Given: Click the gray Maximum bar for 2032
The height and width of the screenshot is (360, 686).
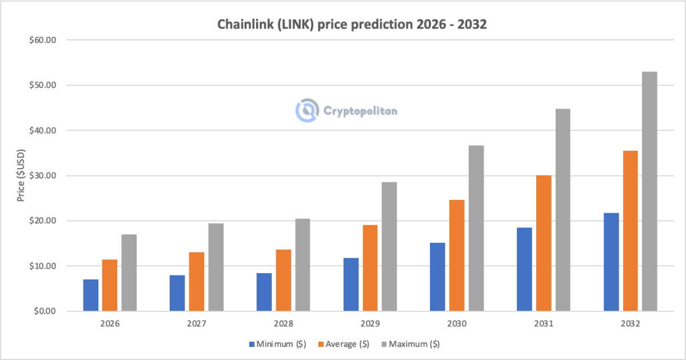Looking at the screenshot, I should coord(649,191).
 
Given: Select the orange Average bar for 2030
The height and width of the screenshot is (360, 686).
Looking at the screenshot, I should coord(457,255).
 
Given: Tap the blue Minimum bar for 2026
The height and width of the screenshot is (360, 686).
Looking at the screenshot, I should coord(90,295).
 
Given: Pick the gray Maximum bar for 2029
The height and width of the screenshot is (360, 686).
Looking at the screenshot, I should coord(389,246).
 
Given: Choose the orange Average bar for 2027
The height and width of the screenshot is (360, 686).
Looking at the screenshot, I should coord(197,281).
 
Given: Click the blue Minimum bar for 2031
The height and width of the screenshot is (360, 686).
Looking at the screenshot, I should coord(524,269).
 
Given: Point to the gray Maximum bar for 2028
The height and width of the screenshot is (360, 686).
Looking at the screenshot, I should coord(302,265).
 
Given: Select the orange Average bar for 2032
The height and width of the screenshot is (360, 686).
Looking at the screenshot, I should coord(631,231).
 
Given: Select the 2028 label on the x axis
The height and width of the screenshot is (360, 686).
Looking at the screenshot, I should coord(284,323).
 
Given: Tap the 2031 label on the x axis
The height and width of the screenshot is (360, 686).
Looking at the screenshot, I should coord(544,323).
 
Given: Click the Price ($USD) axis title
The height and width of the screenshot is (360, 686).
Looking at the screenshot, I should coord(21,175).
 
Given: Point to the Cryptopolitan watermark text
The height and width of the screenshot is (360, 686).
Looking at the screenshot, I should coord(360,111).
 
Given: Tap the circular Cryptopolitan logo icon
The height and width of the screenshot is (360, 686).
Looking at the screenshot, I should coord(307,110).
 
